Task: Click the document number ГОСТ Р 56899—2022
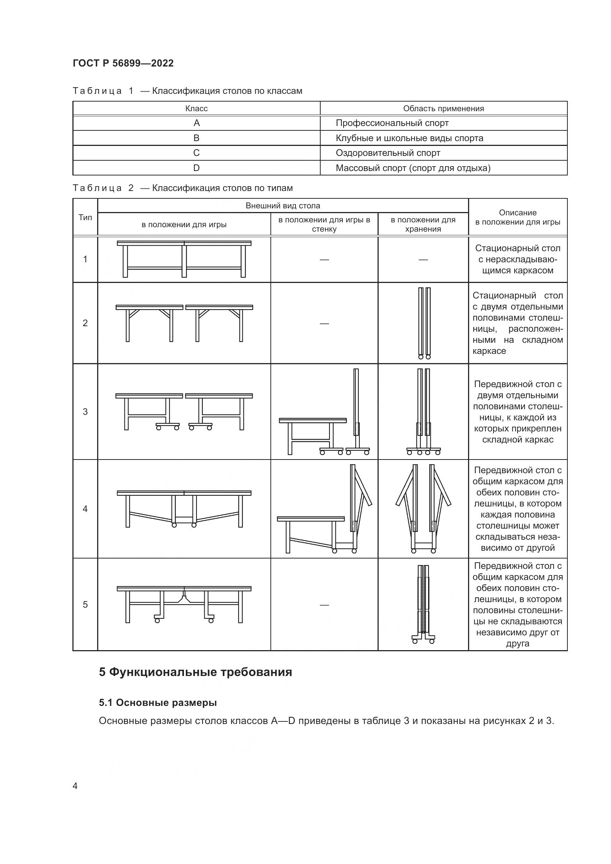click(123, 63)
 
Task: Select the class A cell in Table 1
click(197, 123)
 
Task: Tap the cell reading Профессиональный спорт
click(392, 123)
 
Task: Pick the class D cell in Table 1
click(197, 168)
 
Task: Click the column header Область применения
click(443, 108)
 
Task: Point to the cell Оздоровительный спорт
click(388, 153)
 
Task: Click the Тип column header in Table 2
click(85, 217)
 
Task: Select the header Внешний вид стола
click(283, 205)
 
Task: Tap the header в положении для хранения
click(423, 224)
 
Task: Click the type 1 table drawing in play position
click(184, 259)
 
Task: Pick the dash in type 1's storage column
click(423, 259)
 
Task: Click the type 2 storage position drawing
click(424, 323)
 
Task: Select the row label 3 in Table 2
click(85, 411)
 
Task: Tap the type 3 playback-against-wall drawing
click(324, 412)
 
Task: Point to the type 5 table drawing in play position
click(184, 604)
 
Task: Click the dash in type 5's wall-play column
click(324, 605)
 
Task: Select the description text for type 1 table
click(517, 259)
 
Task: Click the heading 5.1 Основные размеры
click(158, 703)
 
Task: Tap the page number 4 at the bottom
click(75, 786)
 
